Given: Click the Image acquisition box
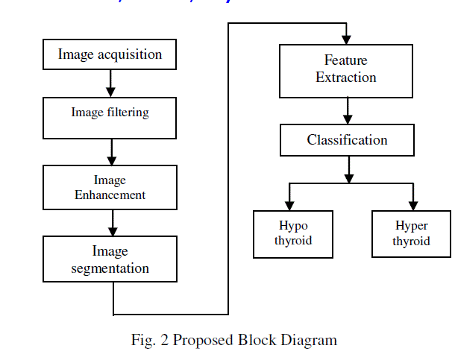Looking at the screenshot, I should [x=110, y=54].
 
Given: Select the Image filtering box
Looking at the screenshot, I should [x=110, y=118].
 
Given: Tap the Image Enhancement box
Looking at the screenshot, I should [x=110, y=187].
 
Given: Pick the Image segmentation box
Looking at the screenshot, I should [x=110, y=259].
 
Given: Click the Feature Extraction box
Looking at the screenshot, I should [x=346, y=71].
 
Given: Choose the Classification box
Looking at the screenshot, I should [x=347, y=140].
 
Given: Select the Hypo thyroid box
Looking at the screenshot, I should [x=293, y=233].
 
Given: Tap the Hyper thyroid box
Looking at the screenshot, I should [x=411, y=233].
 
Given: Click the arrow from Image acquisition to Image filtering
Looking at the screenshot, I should [x=110, y=83].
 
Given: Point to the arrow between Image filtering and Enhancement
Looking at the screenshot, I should [x=111, y=152].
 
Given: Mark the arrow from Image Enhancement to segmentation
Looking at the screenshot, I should [x=111, y=223].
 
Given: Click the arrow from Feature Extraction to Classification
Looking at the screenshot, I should [x=347, y=111].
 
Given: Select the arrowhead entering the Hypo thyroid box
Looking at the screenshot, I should [x=290, y=205].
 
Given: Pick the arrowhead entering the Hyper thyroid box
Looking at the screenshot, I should [x=412, y=205].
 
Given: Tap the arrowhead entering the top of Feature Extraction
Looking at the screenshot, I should [x=347, y=39].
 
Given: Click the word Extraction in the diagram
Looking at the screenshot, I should [x=346, y=78].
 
